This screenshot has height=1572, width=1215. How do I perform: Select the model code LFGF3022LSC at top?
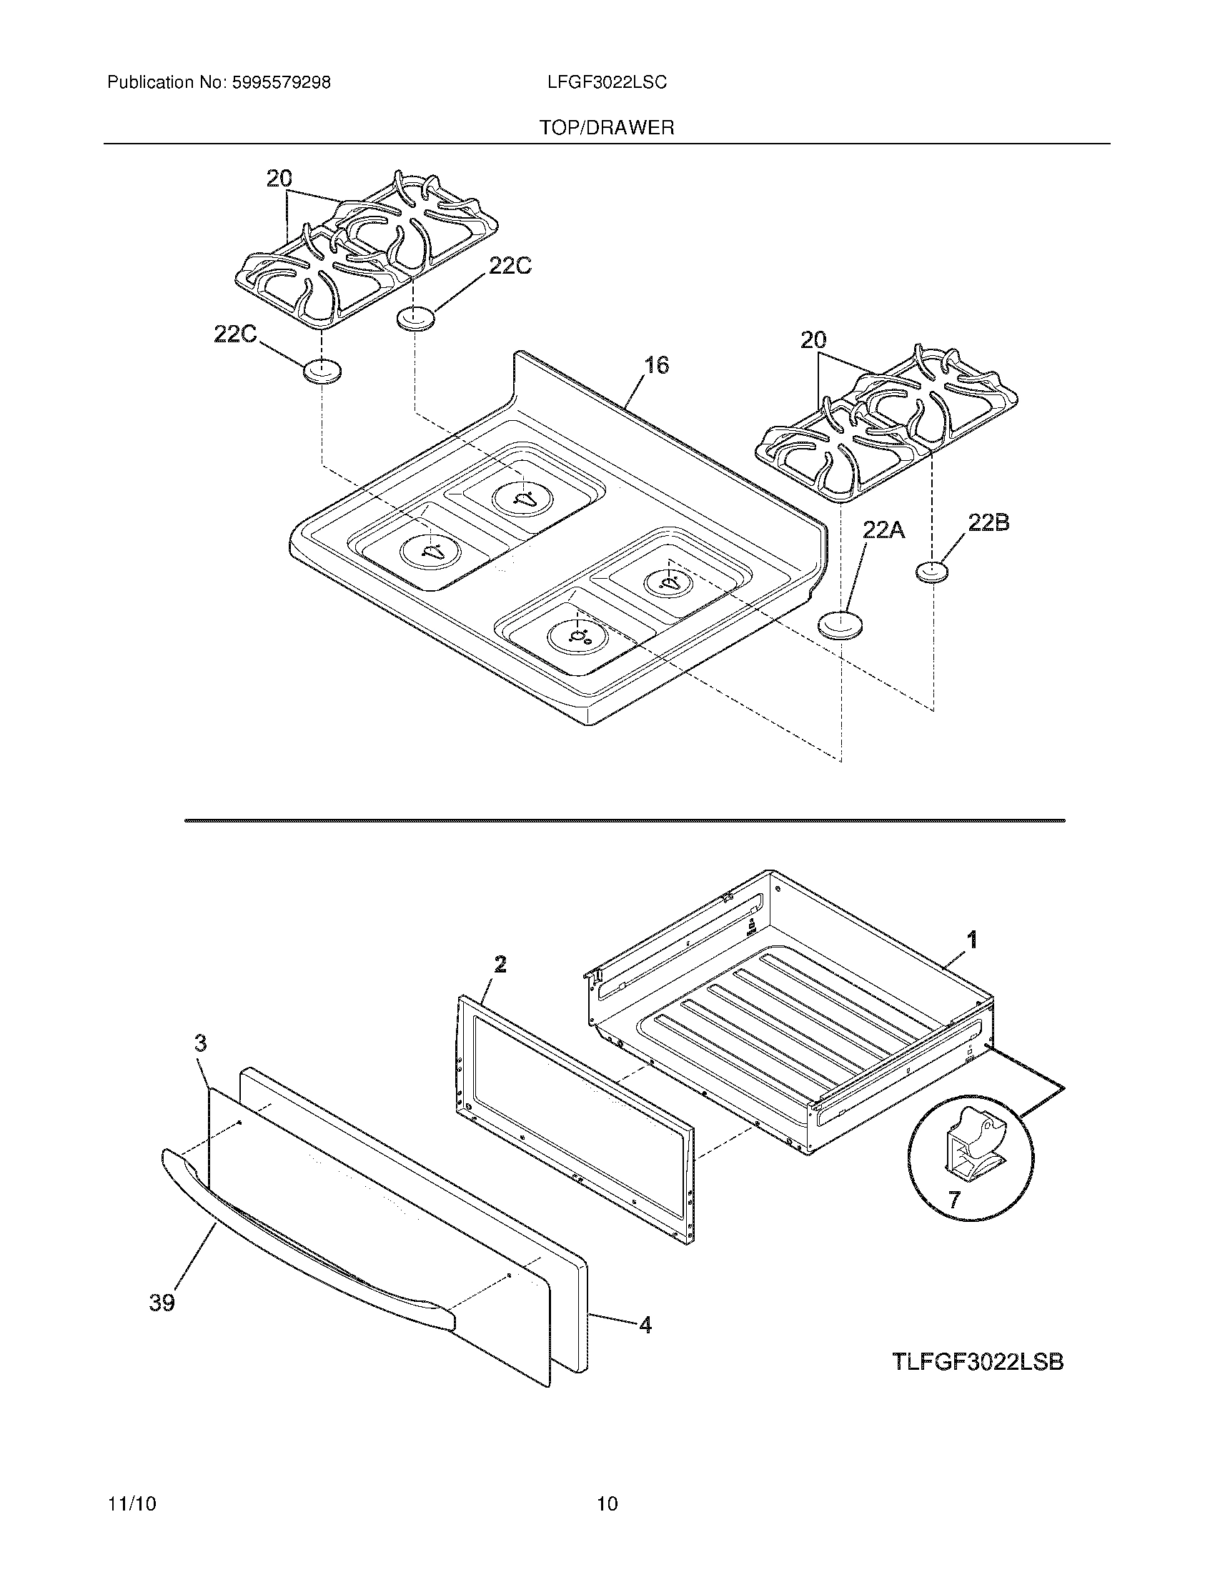pyautogui.click(x=607, y=83)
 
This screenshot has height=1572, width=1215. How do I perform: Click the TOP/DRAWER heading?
pyautogui.click(x=607, y=128)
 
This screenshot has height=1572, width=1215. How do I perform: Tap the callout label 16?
pyautogui.click(x=655, y=365)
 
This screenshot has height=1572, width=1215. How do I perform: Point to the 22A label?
pyautogui.click(x=884, y=531)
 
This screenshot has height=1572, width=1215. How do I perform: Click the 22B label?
pyautogui.click(x=988, y=523)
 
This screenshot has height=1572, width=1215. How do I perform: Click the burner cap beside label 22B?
pyautogui.click(x=932, y=572)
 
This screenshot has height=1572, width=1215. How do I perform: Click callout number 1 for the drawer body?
pyautogui.click(x=972, y=939)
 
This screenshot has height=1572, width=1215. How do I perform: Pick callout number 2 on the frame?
pyautogui.click(x=500, y=964)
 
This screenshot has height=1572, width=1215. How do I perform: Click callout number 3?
pyautogui.click(x=201, y=1043)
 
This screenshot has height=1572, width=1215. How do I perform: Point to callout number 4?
pyautogui.click(x=645, y=1324)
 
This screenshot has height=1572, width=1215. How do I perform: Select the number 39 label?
pyautogui.click(x=162, y=1302)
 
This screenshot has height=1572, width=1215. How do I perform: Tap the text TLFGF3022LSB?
pyautogui.click(x=978, y=1362)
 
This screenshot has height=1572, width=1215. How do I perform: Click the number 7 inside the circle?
pyautogui.click(x=953, y=1199)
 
